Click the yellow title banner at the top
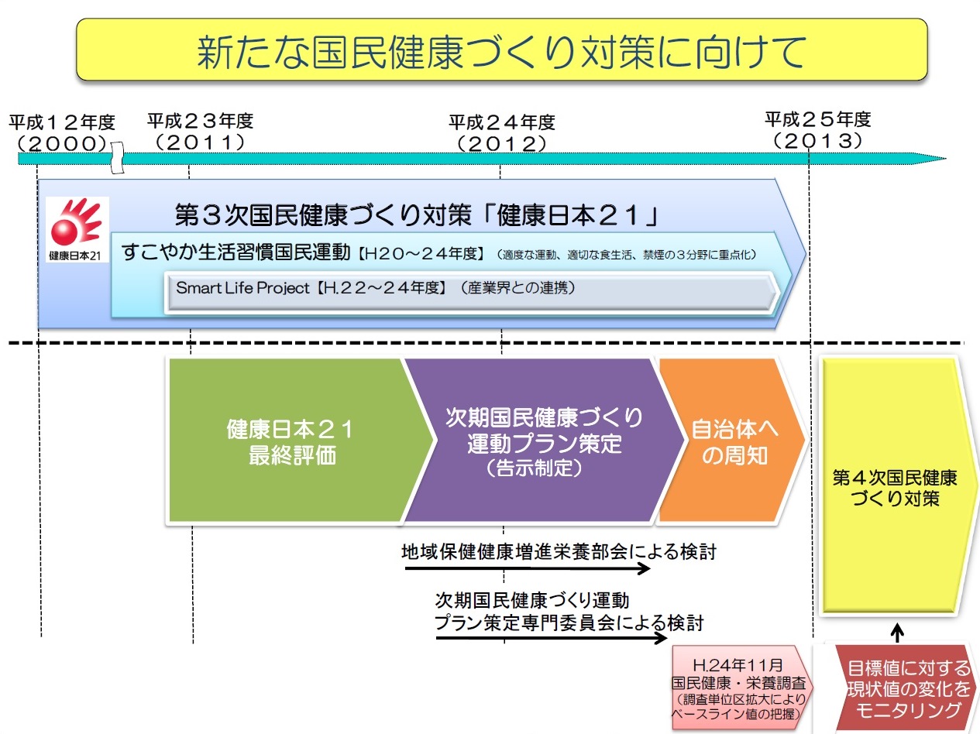pos(501,50)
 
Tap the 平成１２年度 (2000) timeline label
pos(62,132)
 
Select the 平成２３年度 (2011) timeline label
pos(200,132)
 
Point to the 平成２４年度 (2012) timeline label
pos(502,133)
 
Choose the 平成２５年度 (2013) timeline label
pos(818,130)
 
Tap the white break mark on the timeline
pos(117,158)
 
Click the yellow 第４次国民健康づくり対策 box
pos(896,486)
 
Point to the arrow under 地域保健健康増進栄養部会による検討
pos(528,568)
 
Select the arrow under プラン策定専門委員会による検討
pos(551,639)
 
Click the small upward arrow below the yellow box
pos(896,633)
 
